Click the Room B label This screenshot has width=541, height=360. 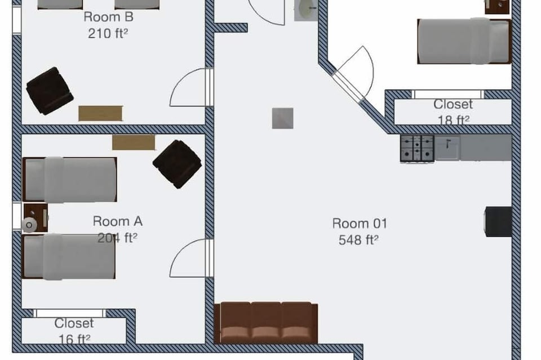[x=108, y=16]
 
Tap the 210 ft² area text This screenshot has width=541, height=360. [x=108, y=33]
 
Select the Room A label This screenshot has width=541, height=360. [x=118, y=221]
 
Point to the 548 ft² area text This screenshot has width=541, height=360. [x=358, y=239]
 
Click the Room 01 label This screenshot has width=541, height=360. [x=360, y=223]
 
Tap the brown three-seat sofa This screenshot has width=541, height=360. [x=266, y=323]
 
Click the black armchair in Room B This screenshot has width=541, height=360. [x=50, y=91]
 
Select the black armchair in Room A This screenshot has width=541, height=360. [x=178, y=164]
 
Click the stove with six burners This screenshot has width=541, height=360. [x=417, y=148]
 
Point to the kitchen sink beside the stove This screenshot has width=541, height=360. [x=447, y=148]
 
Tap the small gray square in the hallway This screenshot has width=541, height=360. [x=282, y=118]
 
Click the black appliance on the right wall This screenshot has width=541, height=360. [x=498, y=222]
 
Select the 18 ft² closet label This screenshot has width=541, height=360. [x=453, y=112]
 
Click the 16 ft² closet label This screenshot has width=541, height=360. [x=74, y=331]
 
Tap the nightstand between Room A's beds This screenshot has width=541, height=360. [x=35, y=218]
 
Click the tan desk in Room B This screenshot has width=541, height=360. [x=100, y=113]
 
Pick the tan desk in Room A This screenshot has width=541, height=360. [x=134, y=143]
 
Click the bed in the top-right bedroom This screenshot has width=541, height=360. [x=464, y=41]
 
